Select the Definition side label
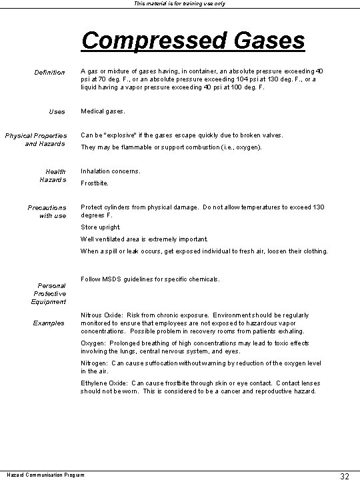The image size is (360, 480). [x=50, y=72]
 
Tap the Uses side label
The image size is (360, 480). [x=57, y=111]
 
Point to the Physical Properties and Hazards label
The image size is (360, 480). [x=35, y=139]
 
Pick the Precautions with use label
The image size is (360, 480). [x=47, y=211]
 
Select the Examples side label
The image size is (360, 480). [x=49, y=323]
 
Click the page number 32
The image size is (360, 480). [x=345, y=475]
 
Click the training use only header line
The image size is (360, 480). [x=179, y=4]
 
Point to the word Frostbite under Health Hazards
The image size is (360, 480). [x=95, y=183]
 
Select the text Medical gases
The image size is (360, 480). [x=103, y=111]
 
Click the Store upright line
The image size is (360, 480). [x=101, y=227]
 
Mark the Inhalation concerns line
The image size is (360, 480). [x=111, y=171]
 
